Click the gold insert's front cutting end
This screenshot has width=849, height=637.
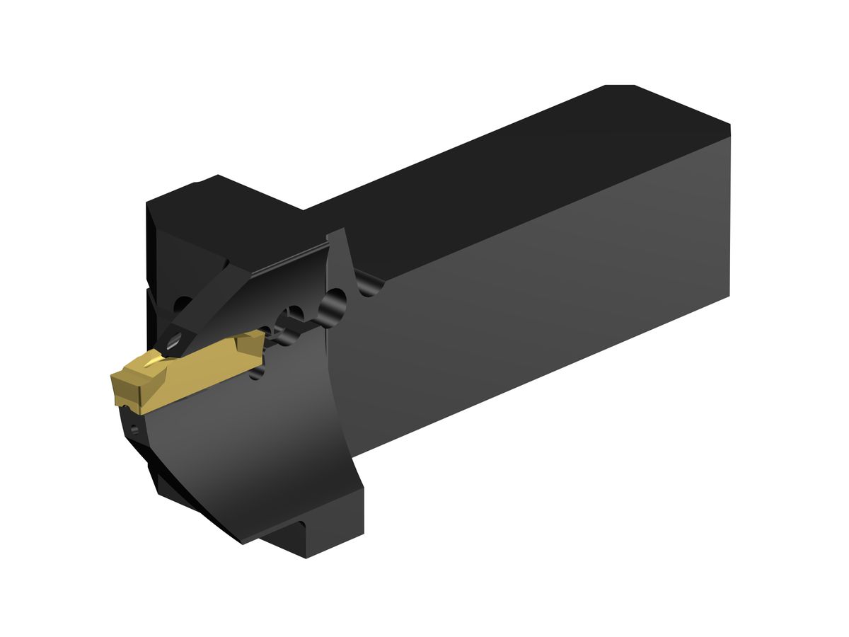(122, 387)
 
